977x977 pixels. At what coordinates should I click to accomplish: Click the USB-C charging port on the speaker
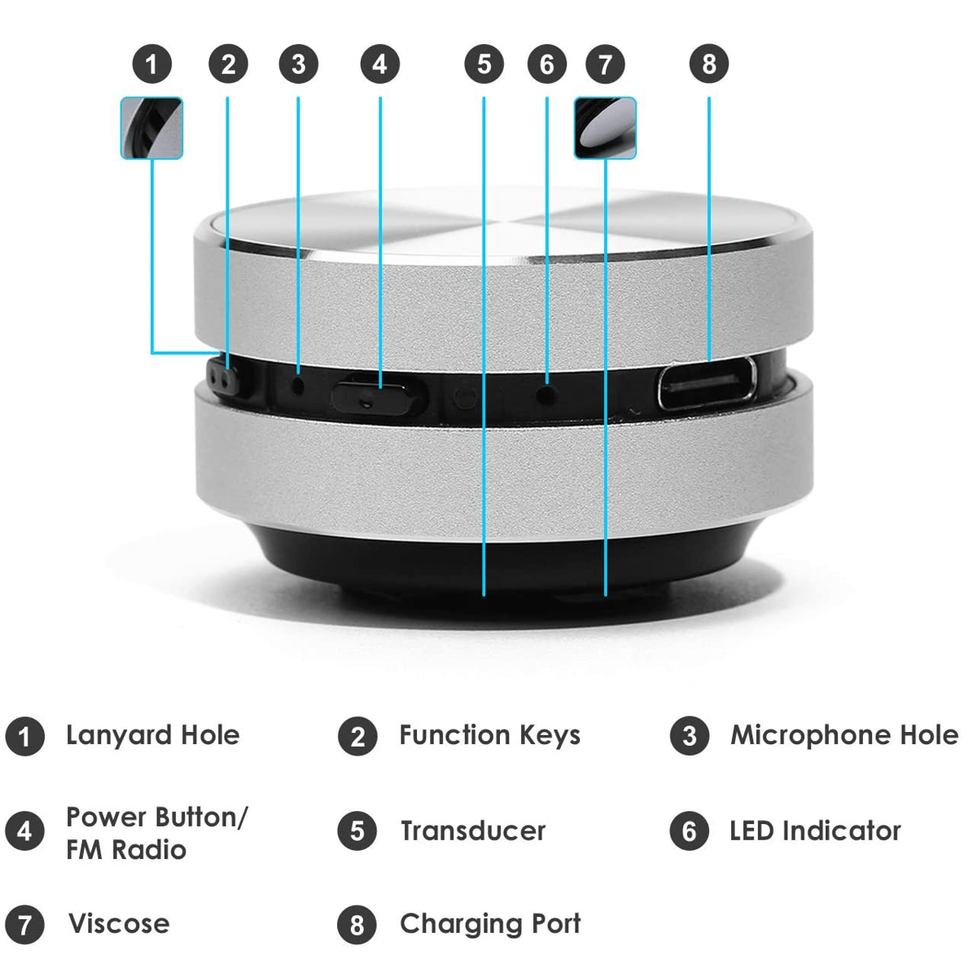coord(708,383)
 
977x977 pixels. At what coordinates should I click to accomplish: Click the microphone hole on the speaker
coord(299,388)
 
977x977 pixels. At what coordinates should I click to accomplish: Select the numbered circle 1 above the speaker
coord(151,64)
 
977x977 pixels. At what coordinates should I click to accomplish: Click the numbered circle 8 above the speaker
coord(709,64)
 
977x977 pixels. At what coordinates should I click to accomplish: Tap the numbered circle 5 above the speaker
coord(484,64)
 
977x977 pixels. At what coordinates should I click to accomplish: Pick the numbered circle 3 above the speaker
coord(298,64)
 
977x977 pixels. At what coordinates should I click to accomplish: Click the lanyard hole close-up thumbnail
coord(151,129)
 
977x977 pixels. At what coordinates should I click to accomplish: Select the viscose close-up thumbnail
coord(605,129)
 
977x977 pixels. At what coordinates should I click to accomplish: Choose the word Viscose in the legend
coord(119,924)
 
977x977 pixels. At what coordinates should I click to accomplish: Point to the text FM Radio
coord(126,850)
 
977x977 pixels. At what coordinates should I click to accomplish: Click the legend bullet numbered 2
coord(357,737)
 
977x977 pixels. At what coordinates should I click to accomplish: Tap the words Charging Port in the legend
coord(490,925)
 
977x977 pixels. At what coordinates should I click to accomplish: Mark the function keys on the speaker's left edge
coord(222,377)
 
